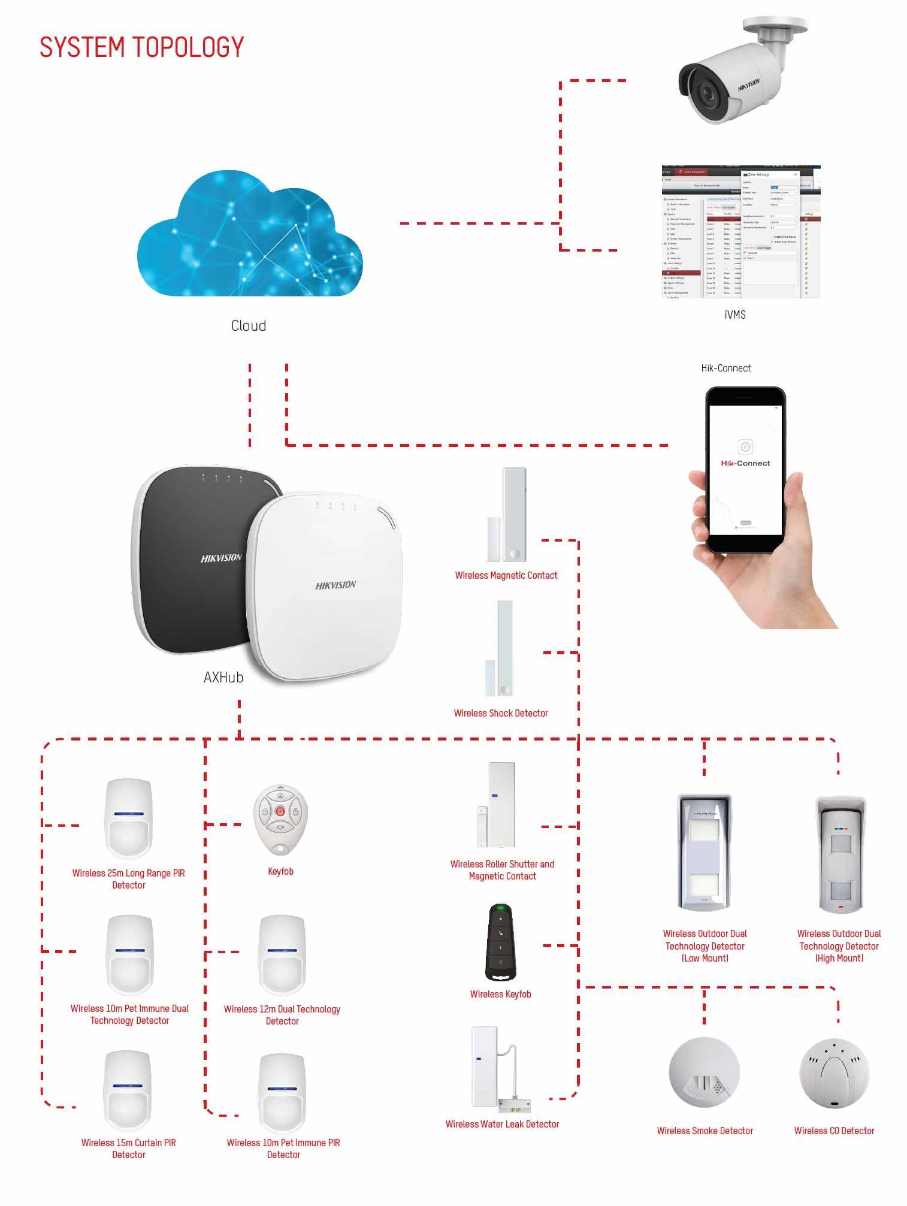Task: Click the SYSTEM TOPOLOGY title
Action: [141, 47]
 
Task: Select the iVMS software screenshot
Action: [740, 232]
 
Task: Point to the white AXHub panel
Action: [326, 587]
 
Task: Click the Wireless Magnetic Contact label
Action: [506, 575]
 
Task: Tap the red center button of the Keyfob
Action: [280, 811]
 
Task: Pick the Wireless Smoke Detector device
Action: [704, 1072]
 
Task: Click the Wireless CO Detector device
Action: [834, 1073]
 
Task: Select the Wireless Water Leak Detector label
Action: [502, 1124]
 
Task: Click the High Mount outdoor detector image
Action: [841, 854]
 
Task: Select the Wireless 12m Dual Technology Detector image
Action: [282, 955]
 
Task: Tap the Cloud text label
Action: [249, 325]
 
